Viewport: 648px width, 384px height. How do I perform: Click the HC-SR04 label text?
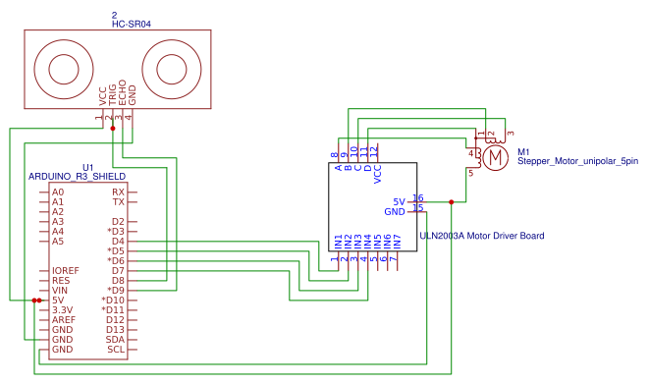click(x=116, y=23)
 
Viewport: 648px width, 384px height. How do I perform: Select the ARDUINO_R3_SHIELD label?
click(x=77, y=176)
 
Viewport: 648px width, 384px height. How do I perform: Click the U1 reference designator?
click(x=88, y=167)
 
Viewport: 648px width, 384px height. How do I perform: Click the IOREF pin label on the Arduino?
click(x=64, y=270)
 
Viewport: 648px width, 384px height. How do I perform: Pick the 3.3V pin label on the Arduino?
click(x=63, y=309)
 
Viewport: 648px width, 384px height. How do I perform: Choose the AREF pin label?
click(x=63, y=319)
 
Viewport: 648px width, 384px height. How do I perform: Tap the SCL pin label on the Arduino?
click(x=116, y=349)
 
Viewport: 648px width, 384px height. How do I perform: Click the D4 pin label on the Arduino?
click(x=118, y=241)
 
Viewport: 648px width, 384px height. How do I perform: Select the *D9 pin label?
click(x=115, y=290)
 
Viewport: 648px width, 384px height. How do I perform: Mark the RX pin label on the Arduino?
click(x=118, y=192)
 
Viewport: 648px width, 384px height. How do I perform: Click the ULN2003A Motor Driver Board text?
click(x=481, y=236)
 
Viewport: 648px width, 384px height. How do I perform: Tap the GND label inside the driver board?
click(x=394, y=211)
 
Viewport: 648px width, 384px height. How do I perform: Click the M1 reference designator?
click(x=523, y=151)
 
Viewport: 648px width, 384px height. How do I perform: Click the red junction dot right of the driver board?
click(x=451, y=201)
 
